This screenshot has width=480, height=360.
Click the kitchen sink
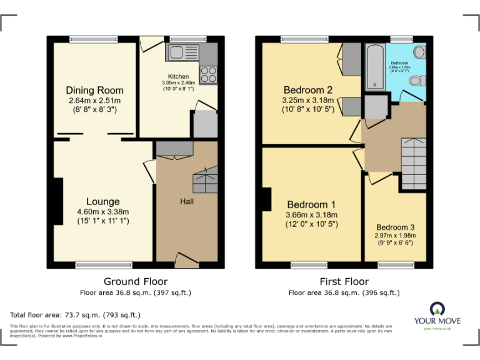tap(182, 52)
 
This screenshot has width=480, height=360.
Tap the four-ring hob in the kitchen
tap(209, 74)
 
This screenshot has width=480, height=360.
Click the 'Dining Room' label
tap(94, 91)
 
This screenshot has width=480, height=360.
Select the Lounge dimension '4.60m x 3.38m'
tap(103, 211)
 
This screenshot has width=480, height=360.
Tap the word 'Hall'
tap(187, 202)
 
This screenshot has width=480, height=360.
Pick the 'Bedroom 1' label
tap(311, 205)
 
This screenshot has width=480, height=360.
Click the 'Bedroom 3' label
tap(395, 227)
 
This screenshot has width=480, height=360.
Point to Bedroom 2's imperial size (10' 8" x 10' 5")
tap(307, 109)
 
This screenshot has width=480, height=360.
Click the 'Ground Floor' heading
tap(136, 281)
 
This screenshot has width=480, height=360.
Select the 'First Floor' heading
tap(344, 281)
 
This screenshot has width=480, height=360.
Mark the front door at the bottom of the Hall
tap(186, 258)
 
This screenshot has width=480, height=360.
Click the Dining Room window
tap(94, 39)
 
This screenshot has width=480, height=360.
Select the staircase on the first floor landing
tap(412, 163)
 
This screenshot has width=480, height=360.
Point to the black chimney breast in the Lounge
tap(58, 199)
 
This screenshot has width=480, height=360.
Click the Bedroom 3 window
tap(395, 265)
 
